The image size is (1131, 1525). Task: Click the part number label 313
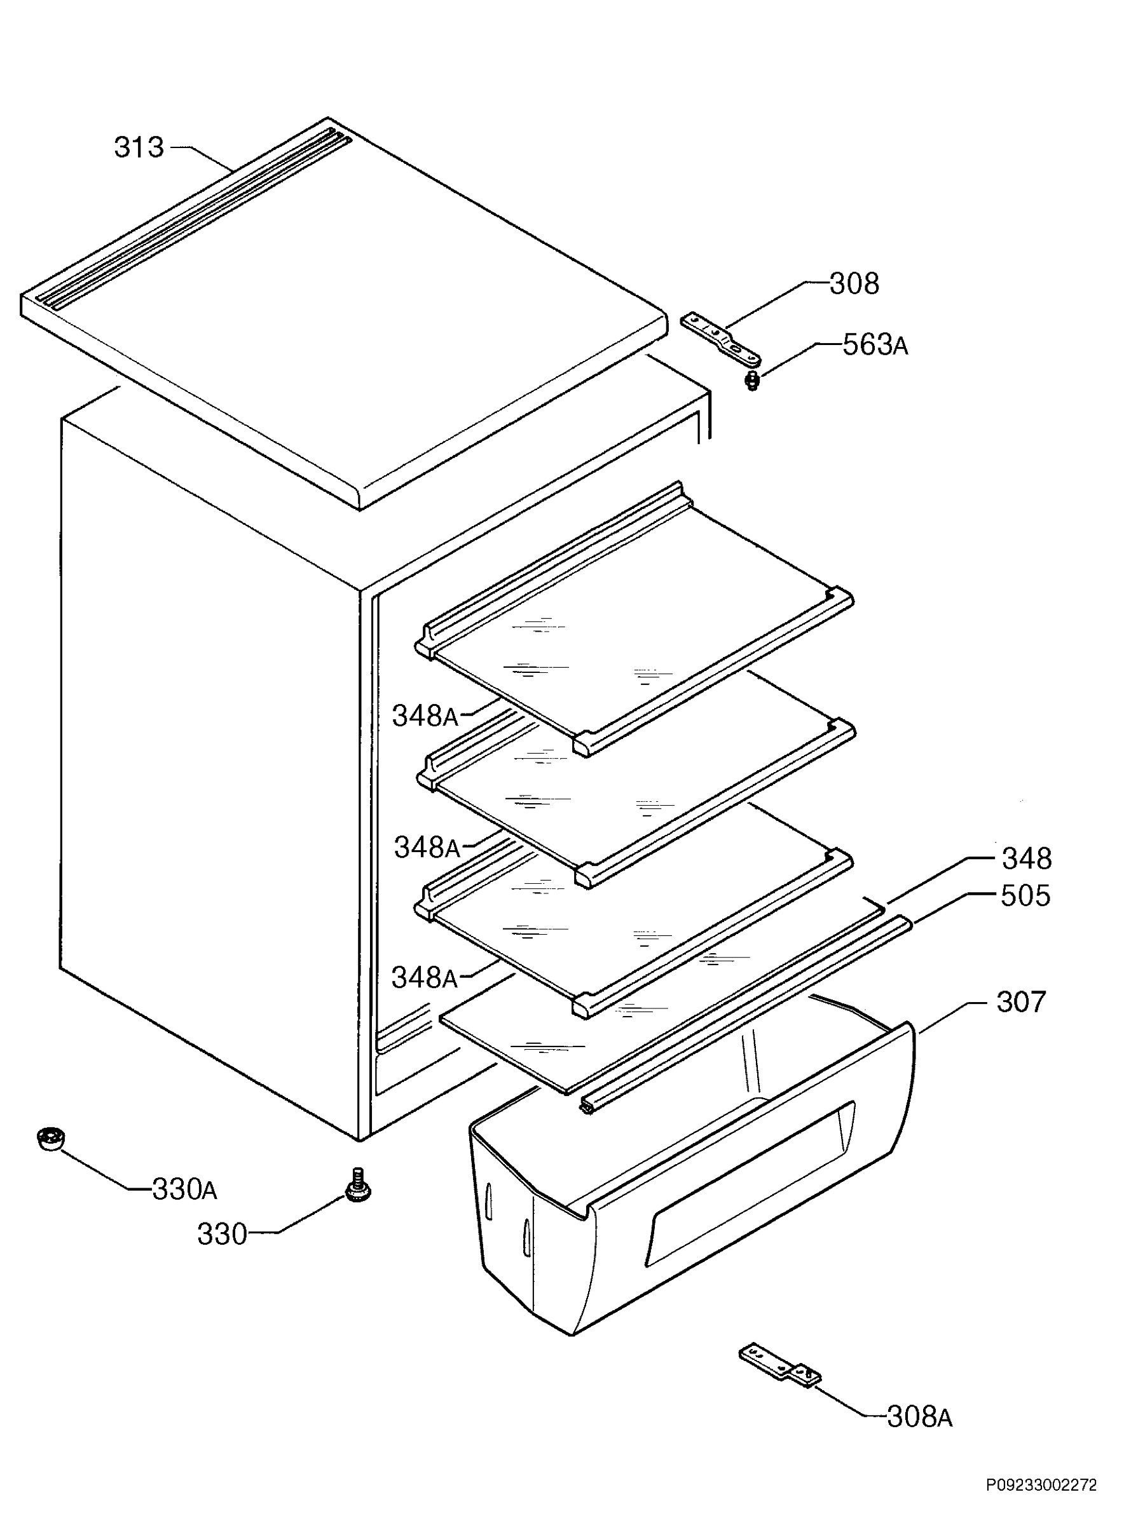pyautogui.click(x=139, y=147)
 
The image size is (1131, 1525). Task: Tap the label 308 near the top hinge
pyautogui.click(x=854, y=283)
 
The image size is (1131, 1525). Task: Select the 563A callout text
pyautogui.click(x=875, y=346)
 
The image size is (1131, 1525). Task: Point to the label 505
pyautogui.click(x=1025, y=896)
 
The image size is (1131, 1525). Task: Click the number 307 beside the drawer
pyautogui.click(x=1022, y=1002)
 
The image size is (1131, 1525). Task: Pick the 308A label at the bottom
pyautogui.click(x=919, y=1417)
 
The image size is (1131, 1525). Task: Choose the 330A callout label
pyautogui.click(x=184, y=1189)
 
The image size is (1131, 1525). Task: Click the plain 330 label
pyautogui.click(x=222, y=1234)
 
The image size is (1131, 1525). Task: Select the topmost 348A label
pyautogui.click(x=425, y=716)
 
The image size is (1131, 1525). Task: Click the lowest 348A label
pyautogui.click(x=424, y=978)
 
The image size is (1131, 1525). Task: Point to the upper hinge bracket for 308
pyautogui.click(x=720, y=337)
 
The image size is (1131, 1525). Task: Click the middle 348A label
pyautogui.click(x=427, y=848)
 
